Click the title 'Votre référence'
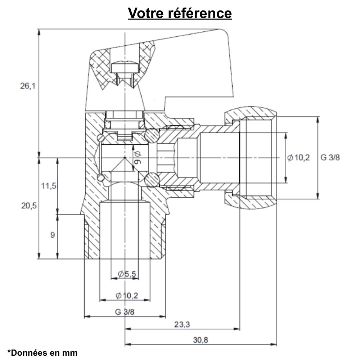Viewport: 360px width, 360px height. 180,13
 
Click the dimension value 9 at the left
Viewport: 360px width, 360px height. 53,235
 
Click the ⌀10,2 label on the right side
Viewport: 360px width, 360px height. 298,158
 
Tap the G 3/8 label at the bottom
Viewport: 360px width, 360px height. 125,312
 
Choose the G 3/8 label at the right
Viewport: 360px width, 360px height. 330,158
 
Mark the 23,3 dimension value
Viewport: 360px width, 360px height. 182,324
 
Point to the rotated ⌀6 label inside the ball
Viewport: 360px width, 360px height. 137,157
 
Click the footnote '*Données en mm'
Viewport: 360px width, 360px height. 42,353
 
